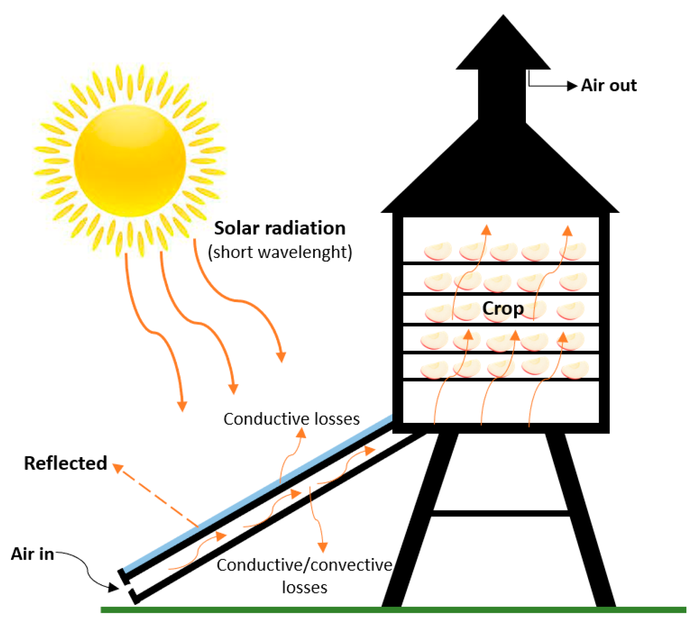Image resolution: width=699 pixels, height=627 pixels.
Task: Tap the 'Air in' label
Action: (x=32, y=554)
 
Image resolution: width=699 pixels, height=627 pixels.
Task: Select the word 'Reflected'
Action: (x=65, y=464)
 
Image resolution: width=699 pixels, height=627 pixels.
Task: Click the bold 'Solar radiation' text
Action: (x=280, y=228)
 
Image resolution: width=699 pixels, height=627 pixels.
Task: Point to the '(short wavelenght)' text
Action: (x=280, y=252)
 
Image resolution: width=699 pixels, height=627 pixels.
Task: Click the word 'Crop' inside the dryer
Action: (x=503, y=309)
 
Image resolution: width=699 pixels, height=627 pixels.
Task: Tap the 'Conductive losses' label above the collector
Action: (x=291, y=419)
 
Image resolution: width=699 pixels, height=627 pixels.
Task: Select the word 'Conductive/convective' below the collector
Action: (x=304, y=565)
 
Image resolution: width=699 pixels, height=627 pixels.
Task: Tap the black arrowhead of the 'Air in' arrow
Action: (x=113, y=588)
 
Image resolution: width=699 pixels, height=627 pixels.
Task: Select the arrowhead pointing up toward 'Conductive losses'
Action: (x=301, y=433)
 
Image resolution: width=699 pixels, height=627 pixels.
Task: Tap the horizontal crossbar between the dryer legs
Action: (x=500, y=513)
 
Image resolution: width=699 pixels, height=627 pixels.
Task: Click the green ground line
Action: (x=393, y=610)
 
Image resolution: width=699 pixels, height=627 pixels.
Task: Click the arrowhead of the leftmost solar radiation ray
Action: (x=182, y=406)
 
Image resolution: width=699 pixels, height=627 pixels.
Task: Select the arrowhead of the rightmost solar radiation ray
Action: (x=281, y=357)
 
